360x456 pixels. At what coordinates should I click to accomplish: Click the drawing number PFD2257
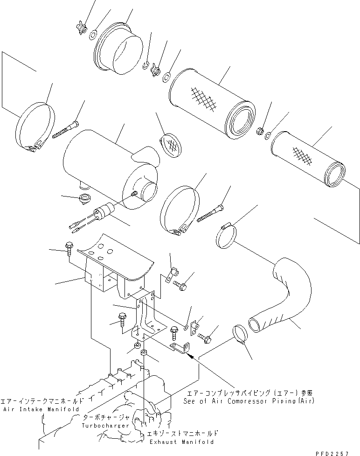point(338,451)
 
